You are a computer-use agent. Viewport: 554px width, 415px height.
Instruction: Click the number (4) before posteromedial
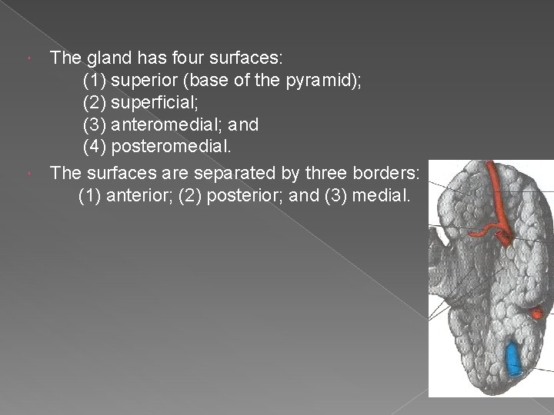tap(95, 145)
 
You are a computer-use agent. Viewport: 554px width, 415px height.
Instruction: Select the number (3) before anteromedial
tap(95, 123)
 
